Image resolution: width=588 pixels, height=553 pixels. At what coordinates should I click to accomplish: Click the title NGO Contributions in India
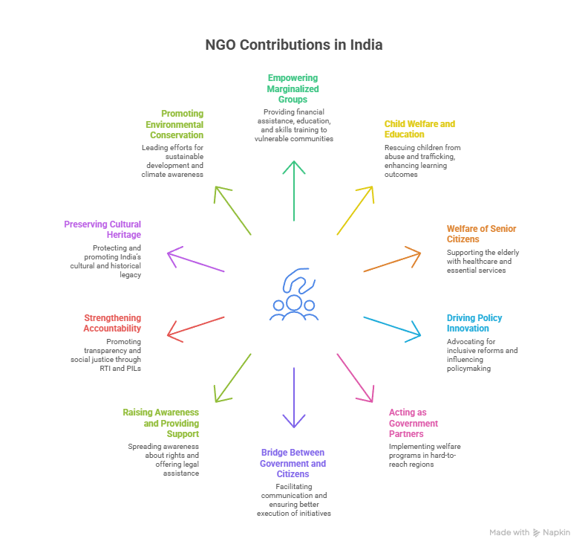pyautogui.click(x=294, y=45)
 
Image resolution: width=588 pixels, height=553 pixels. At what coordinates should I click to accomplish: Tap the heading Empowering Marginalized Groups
pyautogui.click(x=293, y=88)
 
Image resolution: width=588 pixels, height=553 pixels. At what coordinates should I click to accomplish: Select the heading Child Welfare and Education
pyautogui.click(x=419, y=129)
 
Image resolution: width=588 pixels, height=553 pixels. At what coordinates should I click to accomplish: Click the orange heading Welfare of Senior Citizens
pyautogui.click(x=481, y=234)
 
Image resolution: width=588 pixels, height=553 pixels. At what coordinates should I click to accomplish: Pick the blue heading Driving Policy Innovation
pyautogui.click(x=474, y=323)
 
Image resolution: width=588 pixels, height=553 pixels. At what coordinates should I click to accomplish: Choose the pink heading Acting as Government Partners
pyautogui.click(x=414, y=423)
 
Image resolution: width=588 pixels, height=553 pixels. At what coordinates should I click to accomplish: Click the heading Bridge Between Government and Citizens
pyautogui.click(x=294, y=463)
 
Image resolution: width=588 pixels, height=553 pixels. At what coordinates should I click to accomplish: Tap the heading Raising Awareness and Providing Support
pyautogui.click(x=161, y=423)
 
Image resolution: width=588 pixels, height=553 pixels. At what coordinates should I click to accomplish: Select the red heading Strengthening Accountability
pyautogui.click(x=112, y=323)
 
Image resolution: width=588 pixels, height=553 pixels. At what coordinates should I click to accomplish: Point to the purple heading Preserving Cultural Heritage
pyautogui.click(x=102, y=229)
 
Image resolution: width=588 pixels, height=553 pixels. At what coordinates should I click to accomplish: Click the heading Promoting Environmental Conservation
pyautogui.click(x=174, y=124)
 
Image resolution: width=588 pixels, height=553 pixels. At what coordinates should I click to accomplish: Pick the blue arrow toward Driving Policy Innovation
pyautogui.click(x=392, y=329)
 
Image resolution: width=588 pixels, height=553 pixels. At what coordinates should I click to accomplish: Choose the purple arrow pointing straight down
pyautogui.click(x=294, y=398)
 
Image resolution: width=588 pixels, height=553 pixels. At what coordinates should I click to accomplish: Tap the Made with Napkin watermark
pyautogui.click(x=529, y=533)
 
